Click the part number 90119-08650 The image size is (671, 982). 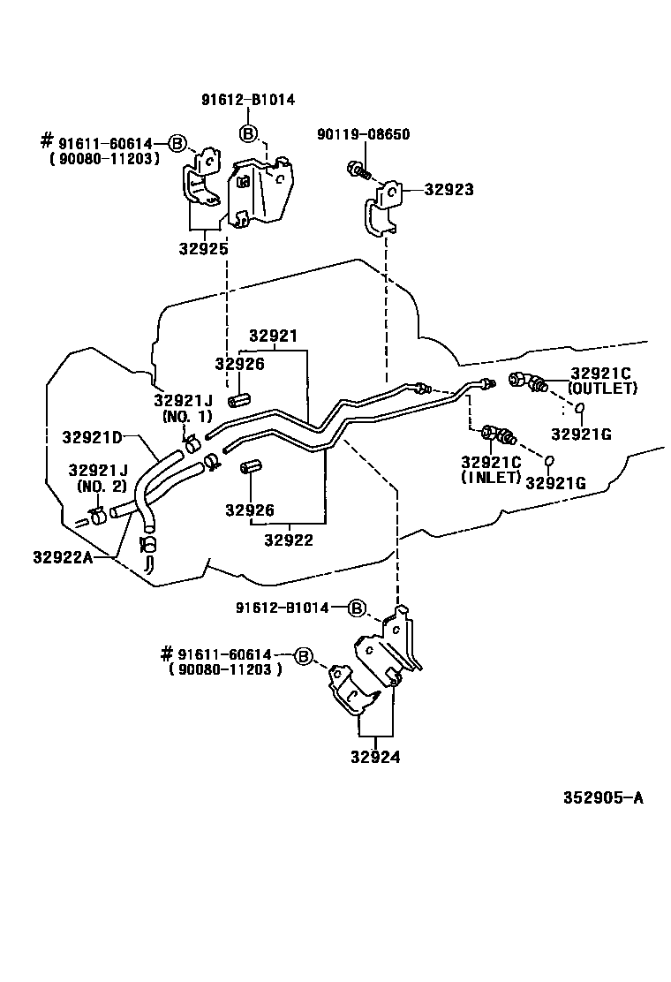(x=365, y=134)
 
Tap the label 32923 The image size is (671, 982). (x=449, y=189)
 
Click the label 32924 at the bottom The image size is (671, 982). (x=376, y=756)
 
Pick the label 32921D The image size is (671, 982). (x=92, y=436)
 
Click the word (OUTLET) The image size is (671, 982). (x=603, y=388)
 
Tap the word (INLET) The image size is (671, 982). (x=490, y=477)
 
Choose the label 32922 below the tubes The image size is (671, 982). (x=289, y=540)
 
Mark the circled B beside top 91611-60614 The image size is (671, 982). (x=177, y=143)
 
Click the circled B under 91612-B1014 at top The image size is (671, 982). (x=249, y=133)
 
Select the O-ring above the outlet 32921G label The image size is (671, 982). (x=580, y=407)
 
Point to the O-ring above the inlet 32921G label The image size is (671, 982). (x=548, y=460)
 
